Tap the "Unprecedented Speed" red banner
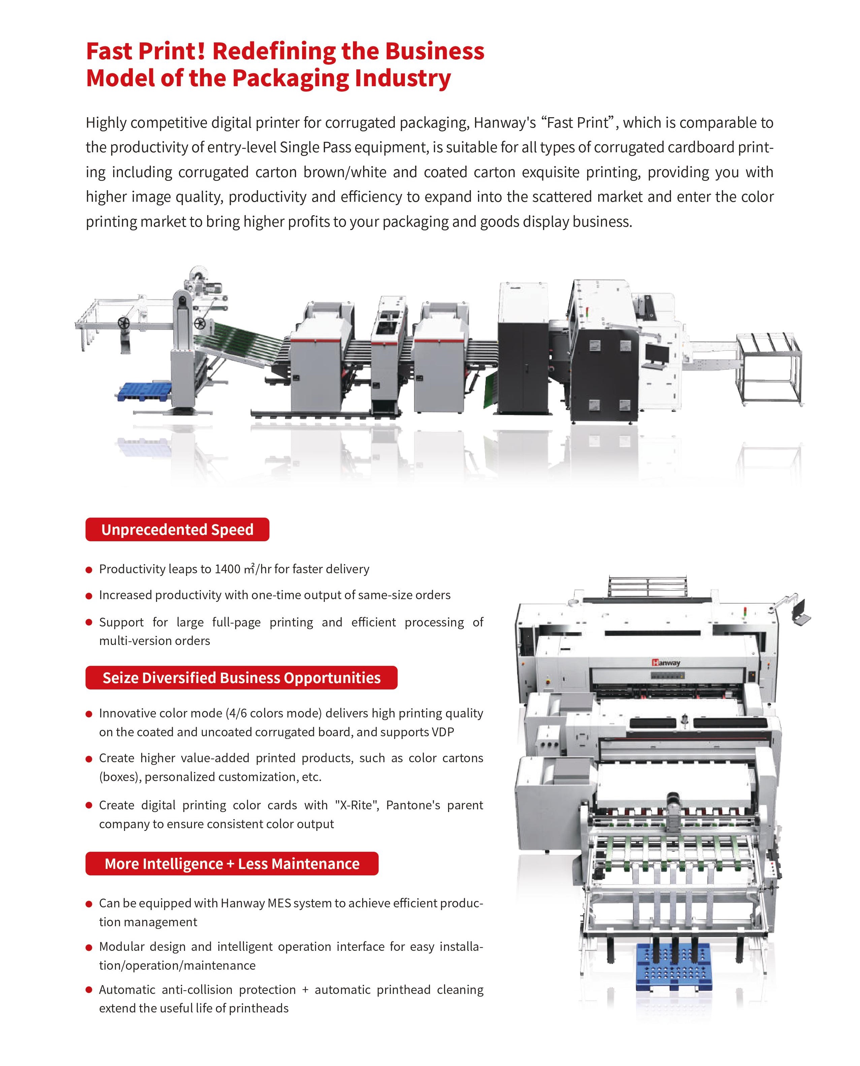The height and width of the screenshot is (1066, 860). pyautogui.click(x=177, y=529)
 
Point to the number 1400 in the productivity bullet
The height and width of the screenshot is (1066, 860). pyautogui.click(x=227, y=569)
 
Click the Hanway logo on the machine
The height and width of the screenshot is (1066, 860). pyautogui.click(x=666, y=663)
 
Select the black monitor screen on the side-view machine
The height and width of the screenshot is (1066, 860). pyautogui.click(x=657, y=352)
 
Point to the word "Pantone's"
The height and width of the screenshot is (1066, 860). pyautogui.click(x=413, y=805)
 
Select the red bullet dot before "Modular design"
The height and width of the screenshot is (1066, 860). pyautogui.click(x=89, y=947)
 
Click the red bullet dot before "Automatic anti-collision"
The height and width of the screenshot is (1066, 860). pyautogui.click(x=89, y=990)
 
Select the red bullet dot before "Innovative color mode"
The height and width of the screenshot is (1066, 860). pyautogui.click(x=89, y=714)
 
